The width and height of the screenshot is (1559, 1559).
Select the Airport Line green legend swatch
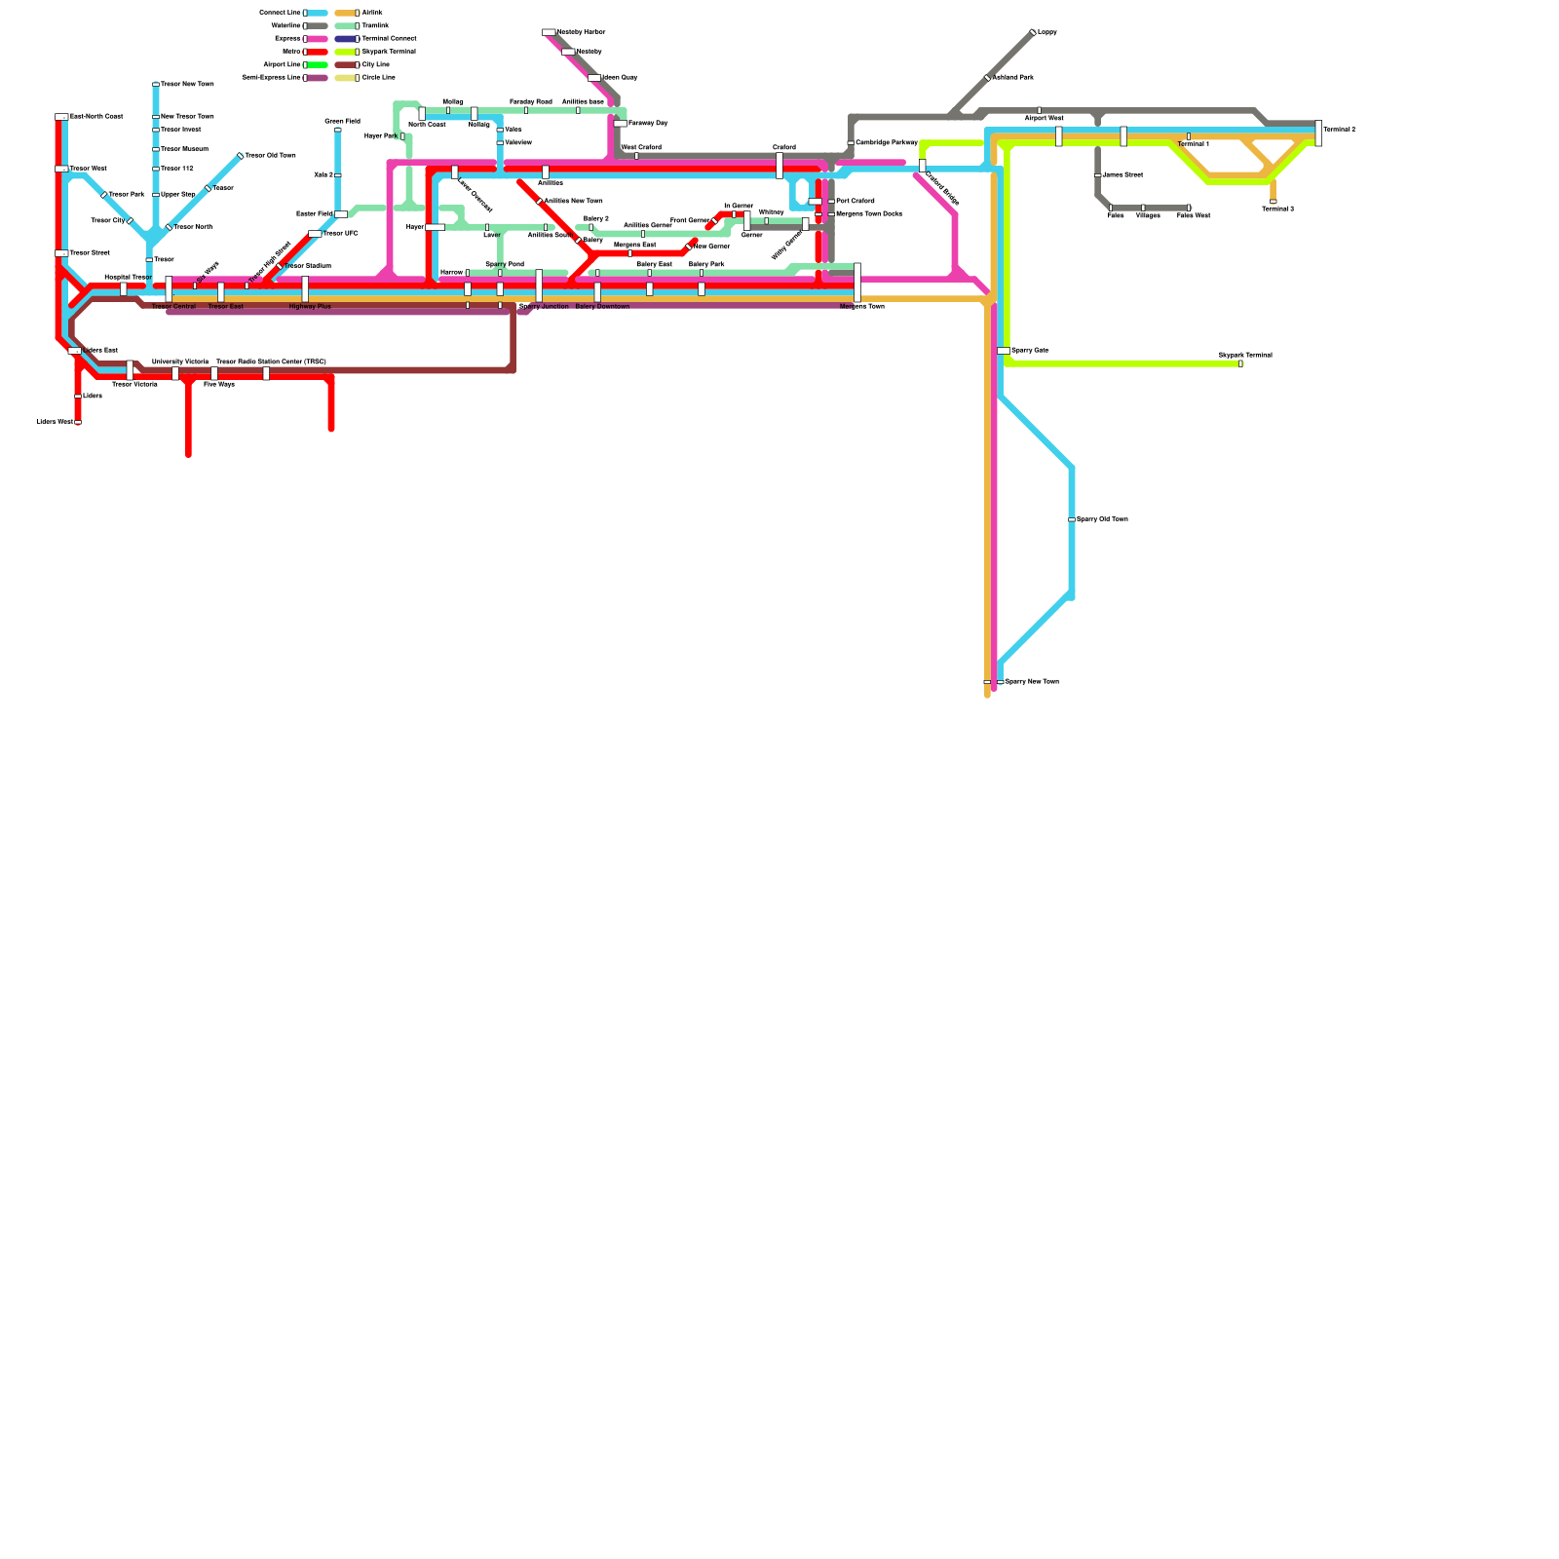[318, 64]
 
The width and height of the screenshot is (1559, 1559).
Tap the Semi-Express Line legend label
[271, 77]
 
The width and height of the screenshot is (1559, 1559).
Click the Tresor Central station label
[173, 307]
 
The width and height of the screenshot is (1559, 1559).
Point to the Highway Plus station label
[310, 307]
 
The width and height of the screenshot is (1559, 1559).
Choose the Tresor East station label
[225, 307]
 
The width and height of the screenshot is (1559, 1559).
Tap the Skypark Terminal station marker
[1240, 363]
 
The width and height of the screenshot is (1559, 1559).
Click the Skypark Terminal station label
[1244, 355]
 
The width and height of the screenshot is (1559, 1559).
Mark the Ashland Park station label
[1012, 77]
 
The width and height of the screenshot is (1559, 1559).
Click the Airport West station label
[1044, 118]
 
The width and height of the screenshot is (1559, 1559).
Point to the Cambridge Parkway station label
[886, 142]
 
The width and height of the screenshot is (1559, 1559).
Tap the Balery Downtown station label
[602, 307]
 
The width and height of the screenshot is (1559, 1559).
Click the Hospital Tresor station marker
[124, 288]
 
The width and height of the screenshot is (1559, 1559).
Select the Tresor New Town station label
[187, 84]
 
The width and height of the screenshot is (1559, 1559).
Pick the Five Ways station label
[218, 384]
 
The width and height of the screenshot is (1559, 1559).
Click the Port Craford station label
[855, 201]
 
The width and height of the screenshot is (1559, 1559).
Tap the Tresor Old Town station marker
[240, 156]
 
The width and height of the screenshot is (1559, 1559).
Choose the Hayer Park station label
[380, 135]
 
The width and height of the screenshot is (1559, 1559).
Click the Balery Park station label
[706, 264]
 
